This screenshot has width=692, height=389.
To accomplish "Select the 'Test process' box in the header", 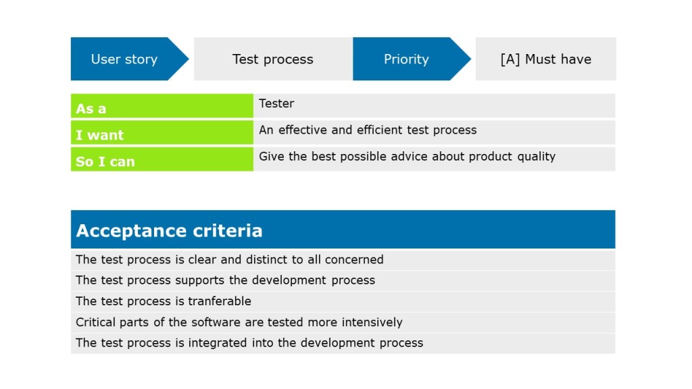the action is click(273, 59).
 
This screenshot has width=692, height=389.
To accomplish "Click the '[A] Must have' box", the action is click(545, 59).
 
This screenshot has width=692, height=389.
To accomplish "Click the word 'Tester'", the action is click(276, 103).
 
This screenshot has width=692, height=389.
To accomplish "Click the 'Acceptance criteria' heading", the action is click(169, 231).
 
